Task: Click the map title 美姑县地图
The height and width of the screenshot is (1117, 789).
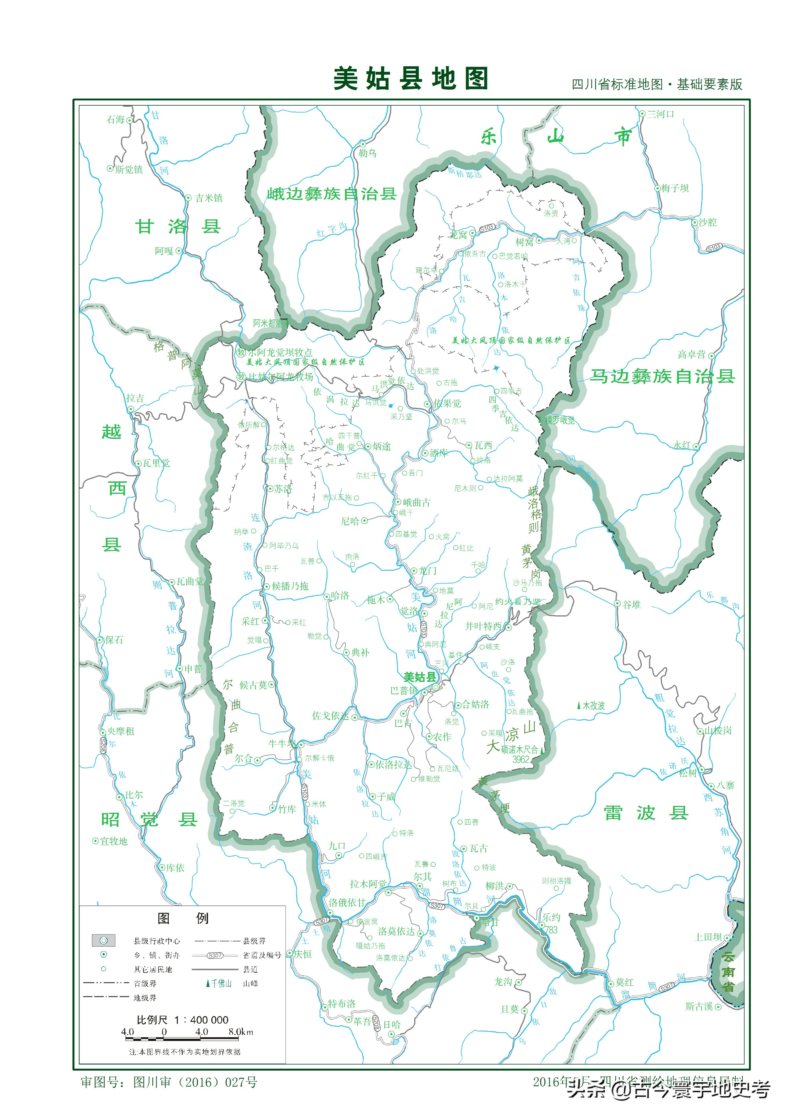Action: (410, 79)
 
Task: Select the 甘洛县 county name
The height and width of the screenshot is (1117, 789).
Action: (178, 227)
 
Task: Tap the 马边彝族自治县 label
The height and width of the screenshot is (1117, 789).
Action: (662, 376)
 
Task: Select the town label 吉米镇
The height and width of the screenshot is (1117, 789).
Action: (208, 198)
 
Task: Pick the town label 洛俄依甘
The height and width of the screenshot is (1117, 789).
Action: (347, 903)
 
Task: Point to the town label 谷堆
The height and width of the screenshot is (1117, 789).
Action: (632, 605)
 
